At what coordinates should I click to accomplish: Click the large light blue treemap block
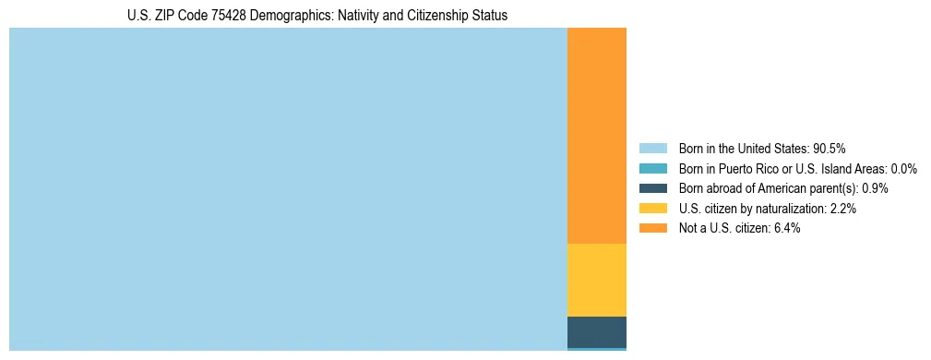288,189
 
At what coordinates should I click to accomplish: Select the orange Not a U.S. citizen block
596,136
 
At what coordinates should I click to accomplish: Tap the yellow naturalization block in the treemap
596,280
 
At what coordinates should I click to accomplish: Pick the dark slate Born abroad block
596,331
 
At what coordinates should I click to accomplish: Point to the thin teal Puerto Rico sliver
596,349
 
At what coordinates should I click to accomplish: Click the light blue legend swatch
652,148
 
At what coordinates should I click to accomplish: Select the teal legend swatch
652,168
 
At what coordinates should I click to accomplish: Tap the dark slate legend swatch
652,188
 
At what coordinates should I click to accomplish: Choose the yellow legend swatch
652,209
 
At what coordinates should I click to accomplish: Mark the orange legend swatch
652,228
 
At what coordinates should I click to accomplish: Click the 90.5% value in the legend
830,148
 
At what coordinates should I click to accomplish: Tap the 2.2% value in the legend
843,209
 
